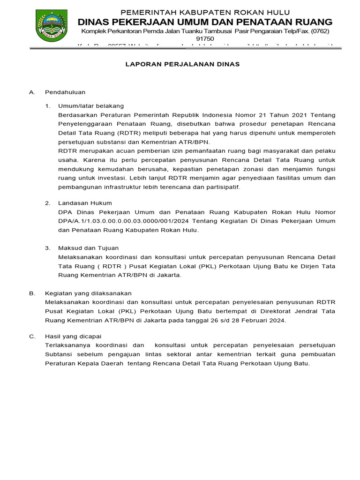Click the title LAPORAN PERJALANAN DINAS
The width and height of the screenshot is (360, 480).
click(182, 64)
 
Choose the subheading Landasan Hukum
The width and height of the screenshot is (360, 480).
click(85, 203)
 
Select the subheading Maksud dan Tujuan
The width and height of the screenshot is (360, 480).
click(88, 248)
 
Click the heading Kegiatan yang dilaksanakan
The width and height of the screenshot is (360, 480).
click(88, 293)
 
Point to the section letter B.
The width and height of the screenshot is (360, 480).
click(31, 293)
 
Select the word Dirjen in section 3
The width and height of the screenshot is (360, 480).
click(304, 266)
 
